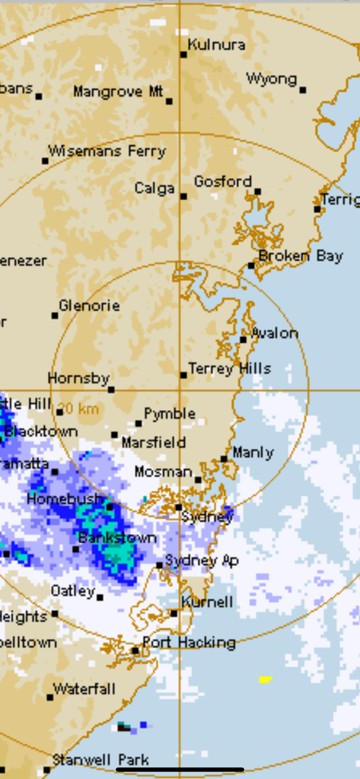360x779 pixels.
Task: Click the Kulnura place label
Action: (216, 45)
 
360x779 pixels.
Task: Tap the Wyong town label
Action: (271, 79)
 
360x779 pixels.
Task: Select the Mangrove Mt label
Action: (118, 92)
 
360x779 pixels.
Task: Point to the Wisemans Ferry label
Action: (107, 151)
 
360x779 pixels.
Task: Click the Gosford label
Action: (222, 182)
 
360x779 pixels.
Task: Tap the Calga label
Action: (155, 188)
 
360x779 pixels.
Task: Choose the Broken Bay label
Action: (301, 256)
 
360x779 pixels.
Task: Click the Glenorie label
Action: (89, 306)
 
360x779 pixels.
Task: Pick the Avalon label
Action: (274, 333)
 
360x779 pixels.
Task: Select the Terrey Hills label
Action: (229, 369)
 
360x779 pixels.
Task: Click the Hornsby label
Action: (78, 378)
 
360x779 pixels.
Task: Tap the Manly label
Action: (253, 453)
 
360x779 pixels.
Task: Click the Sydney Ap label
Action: (202, 561)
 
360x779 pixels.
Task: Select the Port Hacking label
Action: (188, 643)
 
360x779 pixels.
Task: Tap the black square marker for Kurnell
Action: (174, 612)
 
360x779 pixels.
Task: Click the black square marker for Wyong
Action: (302, 90)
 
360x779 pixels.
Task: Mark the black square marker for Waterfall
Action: (49, 697)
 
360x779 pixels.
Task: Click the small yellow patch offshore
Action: (265, 679)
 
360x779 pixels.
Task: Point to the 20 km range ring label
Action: (78, 409)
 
